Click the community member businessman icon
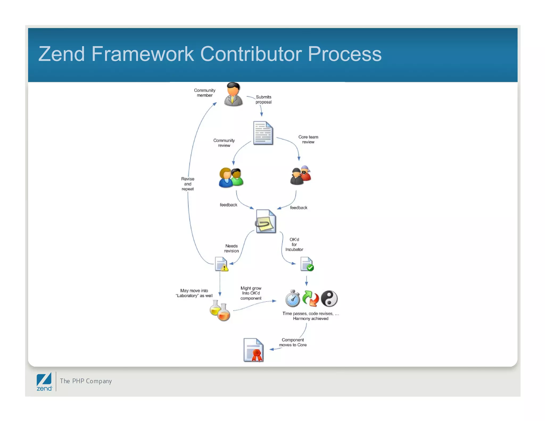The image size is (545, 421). point(233,95)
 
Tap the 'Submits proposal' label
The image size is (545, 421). point(263,100)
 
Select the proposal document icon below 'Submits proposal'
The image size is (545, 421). point(263,133)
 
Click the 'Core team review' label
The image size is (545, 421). point(308,139)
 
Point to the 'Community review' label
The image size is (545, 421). point(224,143)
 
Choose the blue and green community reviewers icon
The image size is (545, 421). point(231,178)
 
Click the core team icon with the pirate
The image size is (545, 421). point(301,175)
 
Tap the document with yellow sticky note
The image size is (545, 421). point(266,221)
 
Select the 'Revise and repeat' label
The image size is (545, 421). point(188,184)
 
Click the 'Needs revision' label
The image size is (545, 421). point(232,249)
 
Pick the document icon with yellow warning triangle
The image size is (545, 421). point(221,264)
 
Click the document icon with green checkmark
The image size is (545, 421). point(307,264)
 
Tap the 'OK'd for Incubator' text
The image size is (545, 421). point(294,245)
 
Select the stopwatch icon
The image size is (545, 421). point(292,299)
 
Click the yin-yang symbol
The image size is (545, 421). point(329,298)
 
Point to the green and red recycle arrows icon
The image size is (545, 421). point(311,298)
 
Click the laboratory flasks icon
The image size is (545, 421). point(220,310)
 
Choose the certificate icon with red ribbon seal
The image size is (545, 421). point(253,350)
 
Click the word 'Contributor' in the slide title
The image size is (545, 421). point(251,54)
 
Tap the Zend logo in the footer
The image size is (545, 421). point(44,382)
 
